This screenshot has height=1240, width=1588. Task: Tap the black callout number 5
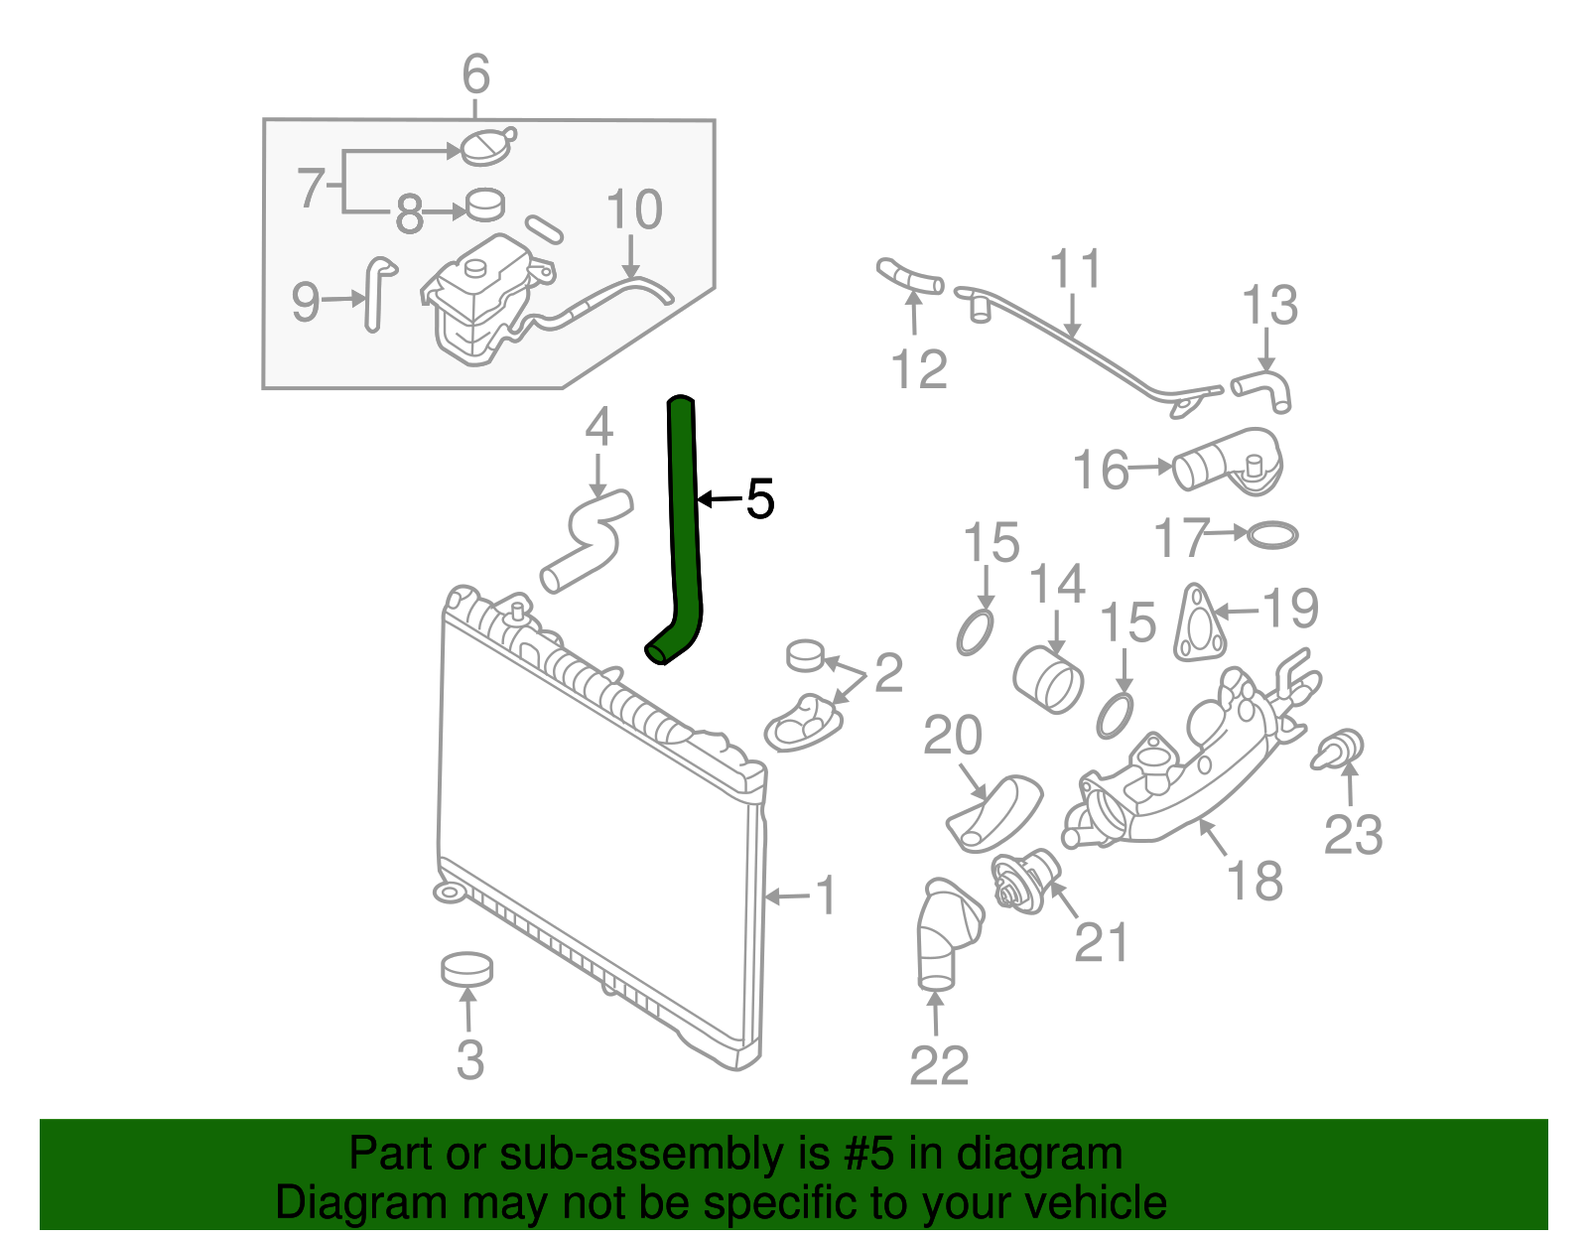(759, 499)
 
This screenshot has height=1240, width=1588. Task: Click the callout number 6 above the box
(476, 74)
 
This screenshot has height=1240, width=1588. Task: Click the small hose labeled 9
(377, 293)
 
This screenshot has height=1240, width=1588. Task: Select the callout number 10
(634, 210)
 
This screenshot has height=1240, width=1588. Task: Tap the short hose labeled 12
(909, 277)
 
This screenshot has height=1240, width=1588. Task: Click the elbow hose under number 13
(1264, 387)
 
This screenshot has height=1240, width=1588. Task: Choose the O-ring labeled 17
(1271, 536)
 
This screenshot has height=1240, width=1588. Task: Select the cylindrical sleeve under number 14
(1049, 680)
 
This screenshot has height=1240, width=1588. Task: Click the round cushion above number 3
(466, 969)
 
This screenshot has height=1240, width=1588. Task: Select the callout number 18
(1255, 881)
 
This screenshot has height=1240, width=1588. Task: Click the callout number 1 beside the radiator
(826, 896)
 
